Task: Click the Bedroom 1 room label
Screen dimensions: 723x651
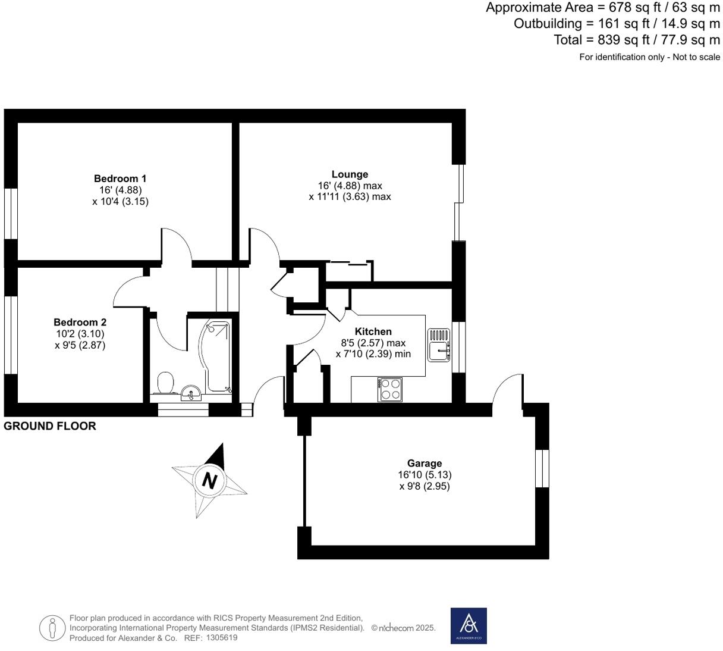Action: pyautogui.click(x=120, y=179)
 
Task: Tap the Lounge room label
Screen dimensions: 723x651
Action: pyautogui.click(x=350, y=174)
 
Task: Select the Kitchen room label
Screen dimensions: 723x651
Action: pyautogui.click(x=373, y=331)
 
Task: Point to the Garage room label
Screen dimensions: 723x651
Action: pyautogui.click(x=424, y=463)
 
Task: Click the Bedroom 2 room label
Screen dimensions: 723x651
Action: pyautogui.click(x=80, y=323)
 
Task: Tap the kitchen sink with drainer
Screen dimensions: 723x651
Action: pyautogui.click(x=439, y=345)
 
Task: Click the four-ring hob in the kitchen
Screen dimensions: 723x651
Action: pyautogui.click(x=390, y=389)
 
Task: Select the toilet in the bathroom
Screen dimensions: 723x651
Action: pyautogui.click(x=166, y=383)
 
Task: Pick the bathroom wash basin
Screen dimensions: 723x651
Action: pyautogui.click(x=191, y=393)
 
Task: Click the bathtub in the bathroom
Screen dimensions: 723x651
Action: pyautogui.click(x=215, y=356)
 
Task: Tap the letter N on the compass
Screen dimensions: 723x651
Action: pyautogui.click(x=209, y=481)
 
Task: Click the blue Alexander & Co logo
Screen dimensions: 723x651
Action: pyautogui.click(x=469, y=626)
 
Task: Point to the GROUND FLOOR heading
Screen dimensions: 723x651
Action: pyautogui.click(x=50, y=426)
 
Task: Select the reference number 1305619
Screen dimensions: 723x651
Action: pyautogui.click(x=222, y=638)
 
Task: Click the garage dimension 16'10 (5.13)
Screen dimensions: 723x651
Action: pyautogui.click(x=425, y=474)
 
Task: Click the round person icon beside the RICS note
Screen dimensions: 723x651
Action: pyautogui.click(x=52, y=628)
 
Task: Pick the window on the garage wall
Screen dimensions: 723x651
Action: pyautogui.click(x=542, y=468)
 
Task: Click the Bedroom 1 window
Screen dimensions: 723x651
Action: pyautogui.click(x=11, y=213)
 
